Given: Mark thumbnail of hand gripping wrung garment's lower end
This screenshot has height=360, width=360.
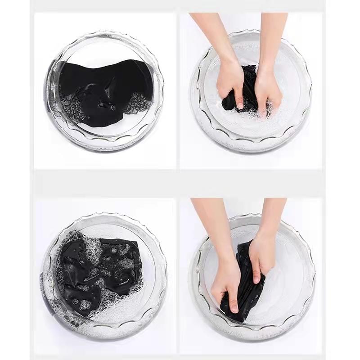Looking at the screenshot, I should click(x=235, y=310).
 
